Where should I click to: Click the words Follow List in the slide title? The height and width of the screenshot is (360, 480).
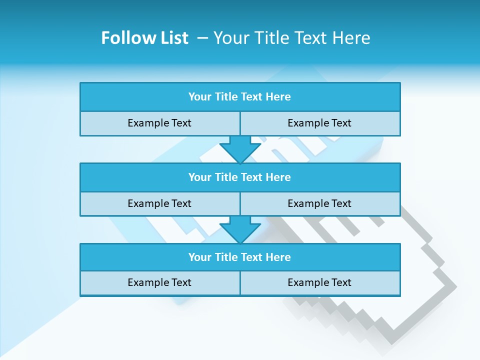point(144,38)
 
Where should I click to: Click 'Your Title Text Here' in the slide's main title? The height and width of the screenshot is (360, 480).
point(291,38)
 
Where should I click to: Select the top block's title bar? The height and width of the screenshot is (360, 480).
point(240,97)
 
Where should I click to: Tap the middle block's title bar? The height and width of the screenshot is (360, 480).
point(240,177)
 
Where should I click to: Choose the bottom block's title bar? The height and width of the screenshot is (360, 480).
point(240,257)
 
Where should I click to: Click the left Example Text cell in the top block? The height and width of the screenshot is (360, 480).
point(159,123)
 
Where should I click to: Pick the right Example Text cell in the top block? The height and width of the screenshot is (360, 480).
point(319,123)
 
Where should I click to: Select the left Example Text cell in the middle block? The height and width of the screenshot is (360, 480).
point(159,203)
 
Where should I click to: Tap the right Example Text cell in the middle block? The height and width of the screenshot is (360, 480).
point(319,203)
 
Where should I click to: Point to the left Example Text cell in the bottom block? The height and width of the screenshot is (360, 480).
point(159,282)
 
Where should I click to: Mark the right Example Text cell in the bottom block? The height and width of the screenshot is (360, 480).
point(319,282)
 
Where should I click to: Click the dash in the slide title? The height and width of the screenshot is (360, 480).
point(203,38)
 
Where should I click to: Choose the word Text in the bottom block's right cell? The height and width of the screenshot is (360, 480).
point(341,282)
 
